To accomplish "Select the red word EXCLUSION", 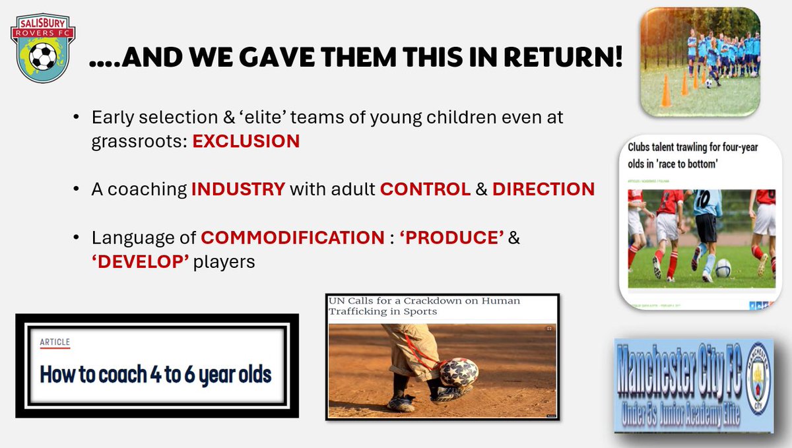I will (x=246, y=141).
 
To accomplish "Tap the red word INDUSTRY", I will (x=238, y=189).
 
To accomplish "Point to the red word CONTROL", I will (x=425, y=189).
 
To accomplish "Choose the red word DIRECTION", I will (x=543, y=189).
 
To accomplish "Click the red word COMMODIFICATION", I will (x=292, y=238).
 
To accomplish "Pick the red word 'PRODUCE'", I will (x=451, y=238).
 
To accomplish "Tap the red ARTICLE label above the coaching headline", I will (x=55, y=343).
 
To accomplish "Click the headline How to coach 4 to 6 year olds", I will (x=156, y=375).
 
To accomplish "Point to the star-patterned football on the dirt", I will (x=458, y=372).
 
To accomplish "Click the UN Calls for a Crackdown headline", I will (x=424, y=306).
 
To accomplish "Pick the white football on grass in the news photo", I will (x=723, y=268).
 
